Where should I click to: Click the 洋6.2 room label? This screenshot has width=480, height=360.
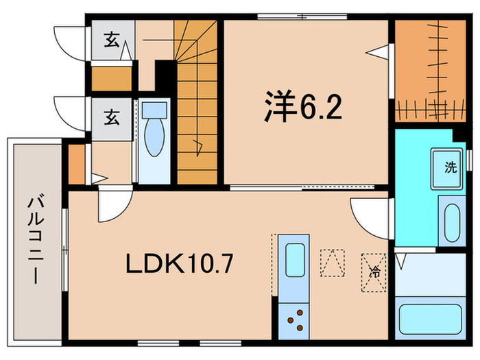tap(300, 108)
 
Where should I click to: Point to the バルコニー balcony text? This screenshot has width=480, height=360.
tap(34, 240)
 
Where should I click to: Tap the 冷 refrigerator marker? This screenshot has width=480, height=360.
tap(375, 270)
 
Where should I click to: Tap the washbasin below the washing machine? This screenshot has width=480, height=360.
tap(451, 220)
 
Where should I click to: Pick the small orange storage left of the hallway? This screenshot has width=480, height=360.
tap(76, 163)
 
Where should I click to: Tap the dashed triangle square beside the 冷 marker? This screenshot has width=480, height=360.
tap(333, 261)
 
